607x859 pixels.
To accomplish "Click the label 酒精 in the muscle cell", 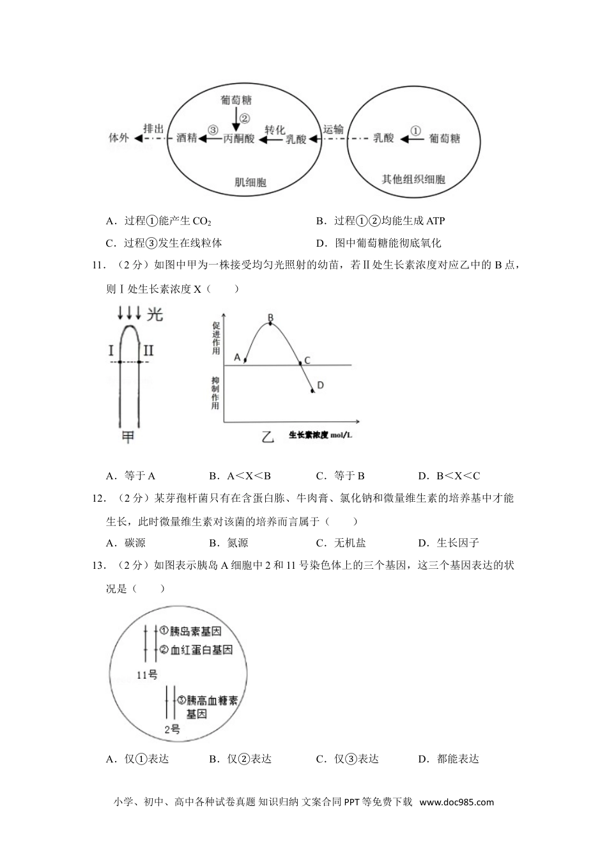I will [187, 138].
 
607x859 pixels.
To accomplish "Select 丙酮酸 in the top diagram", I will [239, 138].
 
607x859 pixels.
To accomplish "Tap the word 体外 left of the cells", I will [119, 138].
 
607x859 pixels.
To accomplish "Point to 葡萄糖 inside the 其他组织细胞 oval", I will [445, 138].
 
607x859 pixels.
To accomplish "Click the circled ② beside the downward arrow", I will [244, 118].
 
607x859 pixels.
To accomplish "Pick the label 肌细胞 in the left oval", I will [250, 183].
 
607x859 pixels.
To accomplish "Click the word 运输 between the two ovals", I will [333, 129].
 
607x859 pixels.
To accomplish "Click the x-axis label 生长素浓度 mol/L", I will [321, 435].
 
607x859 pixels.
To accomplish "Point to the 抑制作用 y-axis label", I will [215, 393].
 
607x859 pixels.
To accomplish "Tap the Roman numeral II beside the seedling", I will [148, 350].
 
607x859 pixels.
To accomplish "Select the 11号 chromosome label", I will [147, 674].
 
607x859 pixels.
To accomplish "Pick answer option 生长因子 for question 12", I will [457, 543].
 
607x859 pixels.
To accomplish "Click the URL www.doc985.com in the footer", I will [457, 803].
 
